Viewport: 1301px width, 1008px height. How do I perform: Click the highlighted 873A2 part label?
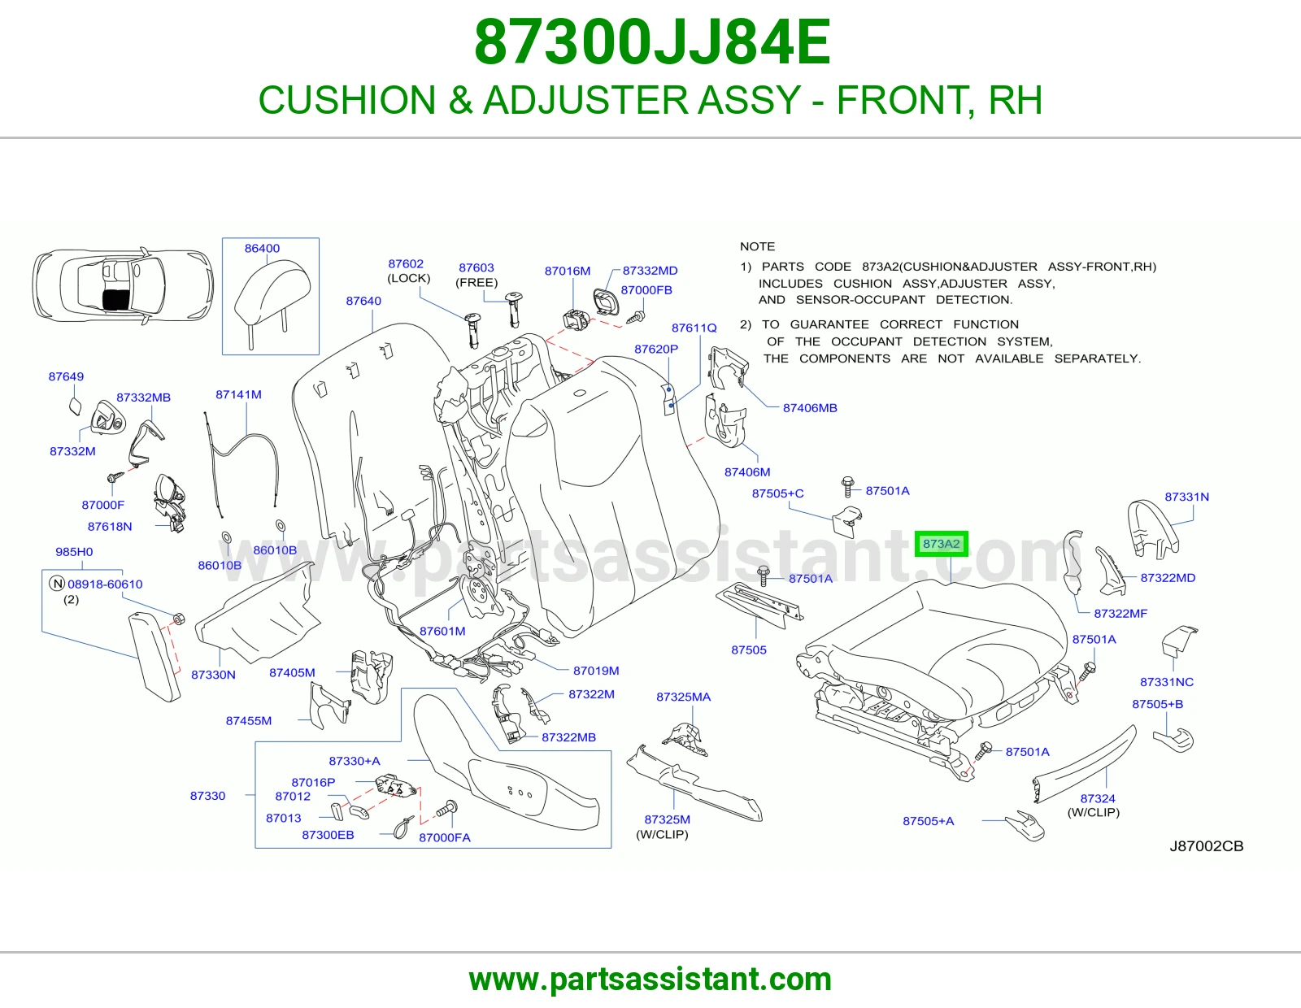941,544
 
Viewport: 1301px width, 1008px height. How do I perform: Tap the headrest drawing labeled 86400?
271,302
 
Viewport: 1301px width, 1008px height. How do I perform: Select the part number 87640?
363,301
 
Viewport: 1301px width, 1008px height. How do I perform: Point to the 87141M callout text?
238,394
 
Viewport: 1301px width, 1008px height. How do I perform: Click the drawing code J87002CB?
1207,845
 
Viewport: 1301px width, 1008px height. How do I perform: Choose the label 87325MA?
683,697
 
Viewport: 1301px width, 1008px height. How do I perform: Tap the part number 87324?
1098,798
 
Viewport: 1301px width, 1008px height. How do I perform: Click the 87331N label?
1186,497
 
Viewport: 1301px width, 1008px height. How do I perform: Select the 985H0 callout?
74,552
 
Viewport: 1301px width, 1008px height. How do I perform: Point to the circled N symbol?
57,584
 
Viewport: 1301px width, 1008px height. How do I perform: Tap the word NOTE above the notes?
757,246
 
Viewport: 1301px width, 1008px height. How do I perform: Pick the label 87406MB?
810,407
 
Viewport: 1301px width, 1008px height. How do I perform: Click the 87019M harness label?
596,671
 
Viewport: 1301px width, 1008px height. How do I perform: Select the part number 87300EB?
328,835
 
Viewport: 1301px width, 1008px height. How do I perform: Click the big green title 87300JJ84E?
652,42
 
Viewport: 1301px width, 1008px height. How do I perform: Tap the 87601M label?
442,631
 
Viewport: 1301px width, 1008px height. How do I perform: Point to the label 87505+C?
777,493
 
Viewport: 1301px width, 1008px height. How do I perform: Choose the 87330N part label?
213,675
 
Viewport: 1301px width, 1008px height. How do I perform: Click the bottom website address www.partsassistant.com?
650,980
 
